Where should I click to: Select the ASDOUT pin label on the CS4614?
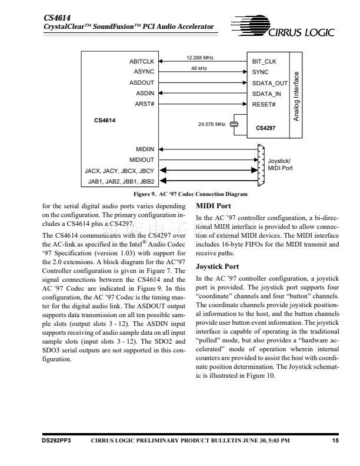tap(141, 82)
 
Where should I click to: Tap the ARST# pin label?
tap(144, 104)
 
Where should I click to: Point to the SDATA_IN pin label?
tap(266, 94)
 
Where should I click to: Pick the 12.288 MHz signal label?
tap(200, 58)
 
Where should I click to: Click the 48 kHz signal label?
tap(199, 69)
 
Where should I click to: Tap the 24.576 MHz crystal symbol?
tap(234, 124)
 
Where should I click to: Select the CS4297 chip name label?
tap(266, 127)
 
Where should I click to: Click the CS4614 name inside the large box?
tap(105, 121)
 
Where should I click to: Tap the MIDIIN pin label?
tap(144, 149)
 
